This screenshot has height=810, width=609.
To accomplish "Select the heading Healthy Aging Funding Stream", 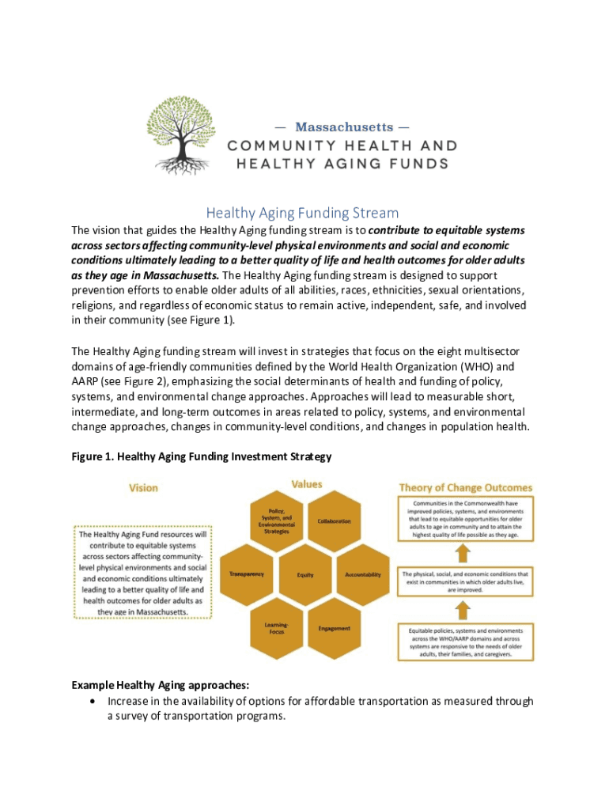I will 302,214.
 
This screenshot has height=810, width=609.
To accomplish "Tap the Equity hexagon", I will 304,574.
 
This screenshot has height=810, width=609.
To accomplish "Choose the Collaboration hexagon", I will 334,521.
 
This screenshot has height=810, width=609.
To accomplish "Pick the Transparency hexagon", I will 246,573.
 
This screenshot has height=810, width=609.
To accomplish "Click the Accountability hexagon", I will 363,574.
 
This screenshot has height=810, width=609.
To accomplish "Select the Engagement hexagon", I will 334,628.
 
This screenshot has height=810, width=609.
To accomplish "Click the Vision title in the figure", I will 143,488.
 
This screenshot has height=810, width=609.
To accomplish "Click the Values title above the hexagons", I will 306,483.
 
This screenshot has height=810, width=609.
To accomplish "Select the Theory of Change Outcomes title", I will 465,488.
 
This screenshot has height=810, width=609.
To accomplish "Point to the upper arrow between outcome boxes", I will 465,552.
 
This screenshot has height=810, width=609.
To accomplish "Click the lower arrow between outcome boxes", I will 465,609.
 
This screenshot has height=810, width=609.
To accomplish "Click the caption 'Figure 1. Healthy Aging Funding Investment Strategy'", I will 201,456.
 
